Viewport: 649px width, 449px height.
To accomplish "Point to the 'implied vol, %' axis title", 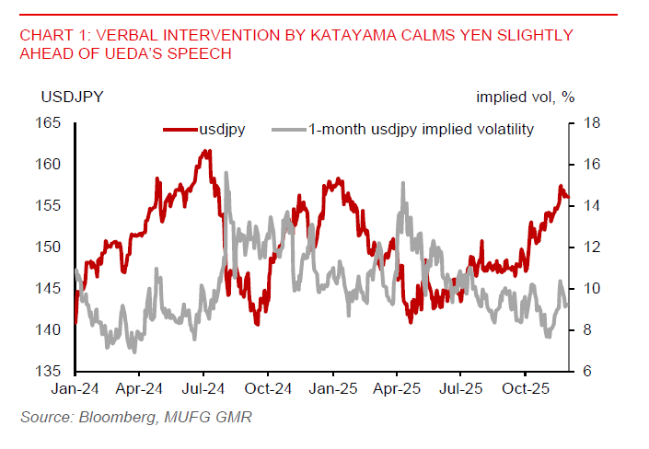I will (x=525, y=96).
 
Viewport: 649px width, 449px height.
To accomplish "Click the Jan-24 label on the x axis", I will (x=75, y=388).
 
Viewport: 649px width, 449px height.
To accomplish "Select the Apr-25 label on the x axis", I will (x=396, y=388).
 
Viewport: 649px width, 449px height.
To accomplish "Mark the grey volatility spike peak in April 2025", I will (x=402, y=183).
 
